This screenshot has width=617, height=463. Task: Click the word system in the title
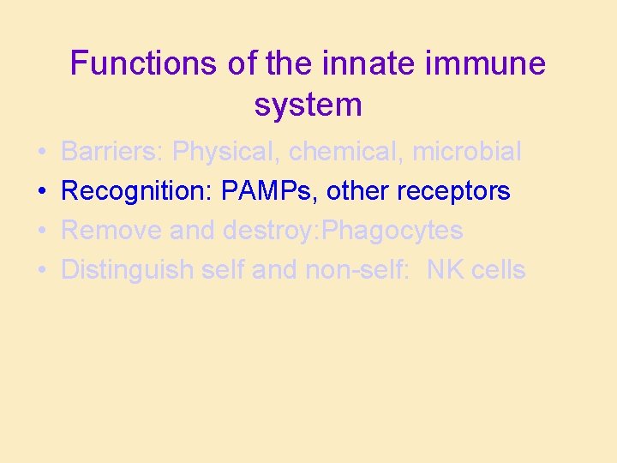click(x=308, y=105)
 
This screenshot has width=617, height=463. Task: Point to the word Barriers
click(x=112, y=152)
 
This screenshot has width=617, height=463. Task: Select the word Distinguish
click(x=128, y=270)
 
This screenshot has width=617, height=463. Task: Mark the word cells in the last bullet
click(x=498, y=270)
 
